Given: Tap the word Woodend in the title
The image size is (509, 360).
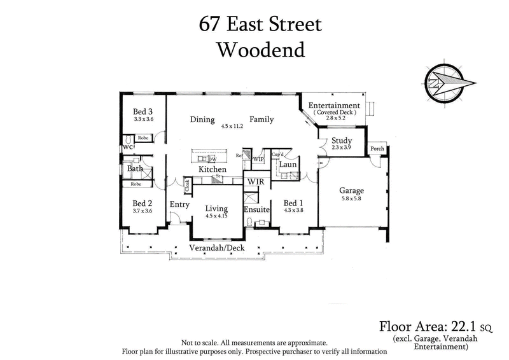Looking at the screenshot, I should [x=260, y=50].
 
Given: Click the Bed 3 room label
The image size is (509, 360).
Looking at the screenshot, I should [x=143, y=111].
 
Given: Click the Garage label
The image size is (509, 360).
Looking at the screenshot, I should [x=352, y=190].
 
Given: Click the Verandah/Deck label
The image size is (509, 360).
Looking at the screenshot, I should [x=216, y=247].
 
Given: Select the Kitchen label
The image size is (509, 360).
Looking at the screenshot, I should [x=213, y=170].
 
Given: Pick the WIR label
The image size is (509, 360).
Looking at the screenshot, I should [x=256, y=181].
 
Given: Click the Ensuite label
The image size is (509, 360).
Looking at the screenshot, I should [x=256, y=209].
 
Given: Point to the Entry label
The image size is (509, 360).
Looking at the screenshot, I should [x=181, y=204].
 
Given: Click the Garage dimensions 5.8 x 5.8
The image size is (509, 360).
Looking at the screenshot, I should [x=352, y=198].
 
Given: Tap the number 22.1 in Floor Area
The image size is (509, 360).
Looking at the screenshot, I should [x=464, y=328].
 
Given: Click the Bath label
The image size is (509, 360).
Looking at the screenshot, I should [x=135, y=169].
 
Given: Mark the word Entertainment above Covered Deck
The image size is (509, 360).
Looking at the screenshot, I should [x=334, y=105].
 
